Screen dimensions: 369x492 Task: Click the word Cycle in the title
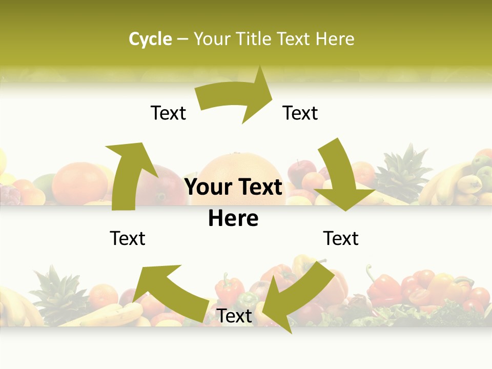150,39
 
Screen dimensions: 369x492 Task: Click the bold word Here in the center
233,219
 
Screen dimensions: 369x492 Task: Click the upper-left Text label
168,113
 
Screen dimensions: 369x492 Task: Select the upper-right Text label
300,113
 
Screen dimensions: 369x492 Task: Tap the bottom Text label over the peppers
235,316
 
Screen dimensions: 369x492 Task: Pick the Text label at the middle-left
128,238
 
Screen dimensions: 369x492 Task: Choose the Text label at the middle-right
341,238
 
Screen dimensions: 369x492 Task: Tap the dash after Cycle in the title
182,39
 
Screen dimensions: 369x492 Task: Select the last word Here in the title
335,39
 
